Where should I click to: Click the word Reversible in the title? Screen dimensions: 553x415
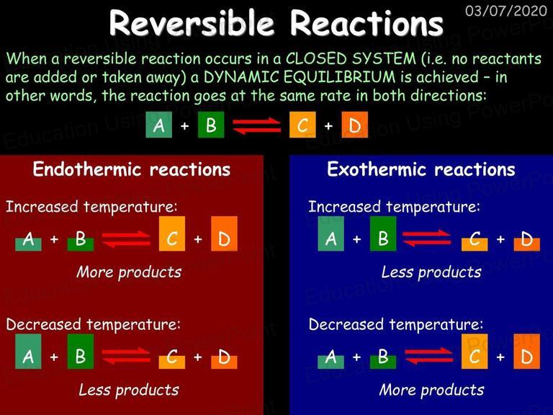[192, 23]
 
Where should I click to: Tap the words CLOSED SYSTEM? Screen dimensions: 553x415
[351, 58]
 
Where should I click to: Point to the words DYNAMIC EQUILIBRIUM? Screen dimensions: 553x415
[300, 77]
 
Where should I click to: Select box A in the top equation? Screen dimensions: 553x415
[158, 125]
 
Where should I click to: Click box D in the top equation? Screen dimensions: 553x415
[354, 125]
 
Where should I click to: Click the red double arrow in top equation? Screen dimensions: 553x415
[256, 126]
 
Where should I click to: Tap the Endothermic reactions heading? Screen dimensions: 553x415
[132, 169]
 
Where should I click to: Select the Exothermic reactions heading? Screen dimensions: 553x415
[421, 169]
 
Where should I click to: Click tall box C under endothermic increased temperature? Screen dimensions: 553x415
[172, 233]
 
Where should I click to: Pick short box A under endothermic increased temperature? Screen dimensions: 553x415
[28, 244]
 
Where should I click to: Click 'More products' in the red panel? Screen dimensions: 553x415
[129, 272]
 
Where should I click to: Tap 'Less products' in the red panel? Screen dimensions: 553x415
[129, 390]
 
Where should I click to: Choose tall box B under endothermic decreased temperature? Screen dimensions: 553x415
[81, 352]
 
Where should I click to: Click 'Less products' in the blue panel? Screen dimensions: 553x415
[431, 272]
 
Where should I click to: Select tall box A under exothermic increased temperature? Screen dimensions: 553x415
[331, 233]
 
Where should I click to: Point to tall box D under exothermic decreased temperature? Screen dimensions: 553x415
[526, 352]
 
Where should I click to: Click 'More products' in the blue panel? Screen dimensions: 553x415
[431, 390]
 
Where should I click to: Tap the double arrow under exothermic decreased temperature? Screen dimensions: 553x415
[428, 356]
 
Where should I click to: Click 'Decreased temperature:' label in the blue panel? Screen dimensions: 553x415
[396, 324]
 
